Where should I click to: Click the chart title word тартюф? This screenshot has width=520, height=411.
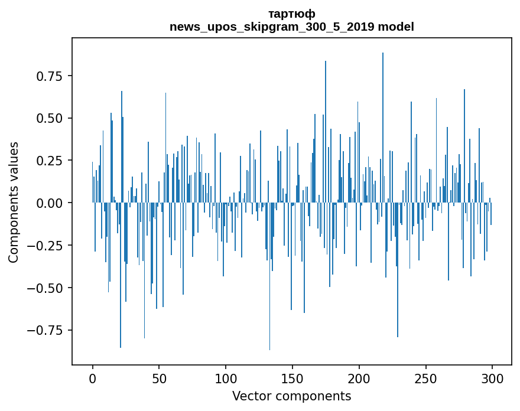coord(291,14)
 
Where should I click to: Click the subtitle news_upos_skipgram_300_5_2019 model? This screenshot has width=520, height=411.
coord(291,27)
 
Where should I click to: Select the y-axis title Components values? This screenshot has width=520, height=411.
coord(14,202)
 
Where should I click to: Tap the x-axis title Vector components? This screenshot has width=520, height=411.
coord(291,396)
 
